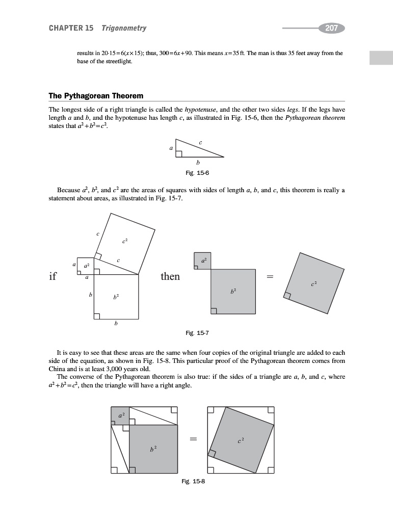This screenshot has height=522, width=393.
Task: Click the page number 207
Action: (331, 28)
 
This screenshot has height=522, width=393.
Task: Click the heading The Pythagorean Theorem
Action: (96, 96)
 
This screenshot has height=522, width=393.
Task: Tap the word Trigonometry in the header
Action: (124, 28)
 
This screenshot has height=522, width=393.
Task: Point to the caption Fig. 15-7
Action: (198, 333)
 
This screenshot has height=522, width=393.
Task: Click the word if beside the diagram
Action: (53, 276)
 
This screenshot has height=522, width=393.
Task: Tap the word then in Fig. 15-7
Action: (170, 276)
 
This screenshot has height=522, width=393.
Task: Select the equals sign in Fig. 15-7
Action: (270, 277)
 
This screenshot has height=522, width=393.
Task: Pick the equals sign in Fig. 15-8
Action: (193, 438)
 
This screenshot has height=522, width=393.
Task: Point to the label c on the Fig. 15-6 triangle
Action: (201, 142)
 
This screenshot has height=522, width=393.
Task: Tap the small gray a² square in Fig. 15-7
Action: (203, 260)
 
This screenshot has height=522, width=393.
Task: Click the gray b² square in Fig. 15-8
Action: (153, 449)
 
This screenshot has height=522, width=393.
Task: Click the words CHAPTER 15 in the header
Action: (71, 28)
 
